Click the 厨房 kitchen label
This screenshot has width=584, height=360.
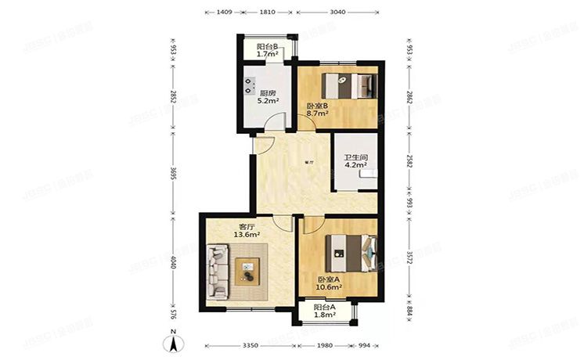(268, 92)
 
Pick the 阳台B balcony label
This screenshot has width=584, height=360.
(268, 46)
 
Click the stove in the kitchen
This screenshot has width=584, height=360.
(250, 81)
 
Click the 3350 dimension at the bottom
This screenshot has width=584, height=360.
(251, 345)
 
